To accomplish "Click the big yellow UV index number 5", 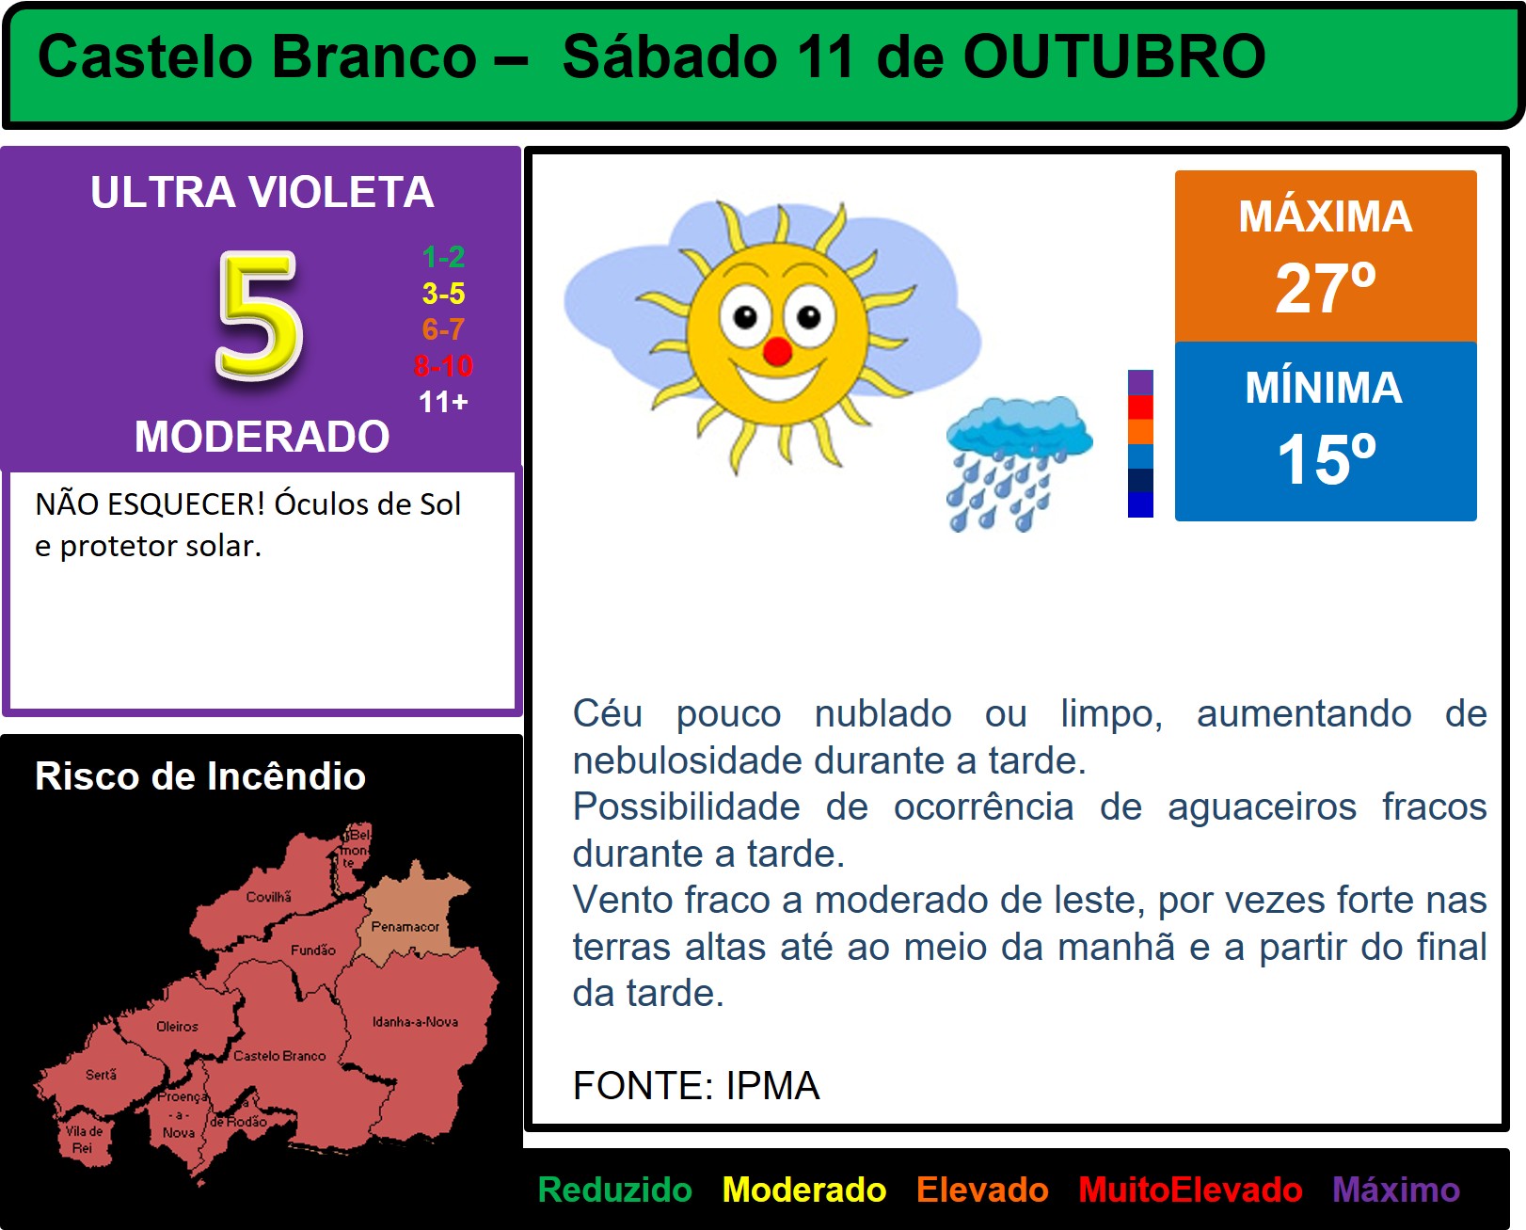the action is (x=260, y=314).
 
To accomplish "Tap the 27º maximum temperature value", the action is (x=1326, y=287).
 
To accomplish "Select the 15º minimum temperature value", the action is (x=1326, y=459).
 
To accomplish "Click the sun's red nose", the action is (x=777, y=351).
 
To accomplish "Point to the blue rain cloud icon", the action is (x=1018, y=462).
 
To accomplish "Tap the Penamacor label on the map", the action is (x=405, y=926).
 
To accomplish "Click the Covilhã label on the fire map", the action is (x=269, y=897).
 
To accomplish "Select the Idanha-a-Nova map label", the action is (x=415, y=1021).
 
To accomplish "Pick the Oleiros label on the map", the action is (x=177, y=1027).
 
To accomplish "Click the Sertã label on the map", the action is (x=101, y=1074).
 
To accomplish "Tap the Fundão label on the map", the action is (x=312, y=950).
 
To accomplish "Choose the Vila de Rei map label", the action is (x=84, y=1140).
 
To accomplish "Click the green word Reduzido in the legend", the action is (x=614, y=1190).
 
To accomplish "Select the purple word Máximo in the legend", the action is (x=1395, y=1190).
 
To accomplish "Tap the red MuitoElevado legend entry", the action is (x=1190, y=1190).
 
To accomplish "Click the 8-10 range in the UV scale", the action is (x=443, y=366).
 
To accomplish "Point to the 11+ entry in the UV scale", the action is (x=443, y=402).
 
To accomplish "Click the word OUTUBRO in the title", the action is (x=1114, y=56).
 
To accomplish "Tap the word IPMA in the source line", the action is (x=772, y=1085).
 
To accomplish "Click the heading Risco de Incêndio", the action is (x=200, y=775).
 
